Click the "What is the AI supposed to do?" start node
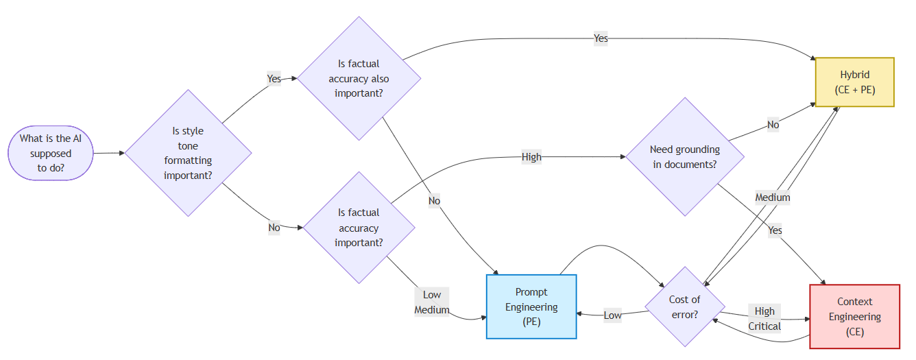(x=50, y=153)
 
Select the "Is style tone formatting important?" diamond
(x=188, y=153)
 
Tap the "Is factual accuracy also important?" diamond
(x=358, y=78)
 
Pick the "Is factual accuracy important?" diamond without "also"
(x=358, y=228)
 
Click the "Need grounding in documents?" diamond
(x=684, y=157)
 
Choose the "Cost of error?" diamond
(x=684, y=307)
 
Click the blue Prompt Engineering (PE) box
(x=531, y=307)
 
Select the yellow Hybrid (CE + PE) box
(x=854, y=82)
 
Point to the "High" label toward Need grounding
(x=531, y=157)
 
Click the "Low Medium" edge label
(x=432, y=302)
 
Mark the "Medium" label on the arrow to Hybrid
(x=773, y=197)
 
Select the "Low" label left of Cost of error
(x=612, y=315)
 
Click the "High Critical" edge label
(x=764, y=319)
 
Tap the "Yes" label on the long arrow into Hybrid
(x=601, y=38)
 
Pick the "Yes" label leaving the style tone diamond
(x=274, y=79)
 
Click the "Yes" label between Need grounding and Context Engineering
(x=775, y=230)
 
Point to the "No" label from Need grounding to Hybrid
(x=773, y=125)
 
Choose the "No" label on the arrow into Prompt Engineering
(x=434, y=201)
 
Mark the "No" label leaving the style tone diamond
(x=274, y=228)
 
